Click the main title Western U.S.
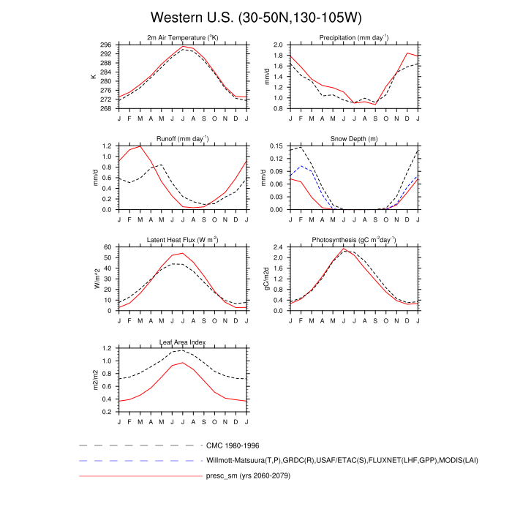256,17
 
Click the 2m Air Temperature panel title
183,37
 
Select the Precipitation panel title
353,37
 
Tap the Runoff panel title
183,138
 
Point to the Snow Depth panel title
353,138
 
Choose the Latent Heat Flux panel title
183,240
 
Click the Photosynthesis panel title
353,240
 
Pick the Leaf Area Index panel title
183,342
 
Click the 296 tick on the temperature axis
107,45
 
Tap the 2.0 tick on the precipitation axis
278,45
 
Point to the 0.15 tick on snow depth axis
276,146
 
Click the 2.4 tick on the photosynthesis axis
278,247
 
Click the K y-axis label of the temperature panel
94,76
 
